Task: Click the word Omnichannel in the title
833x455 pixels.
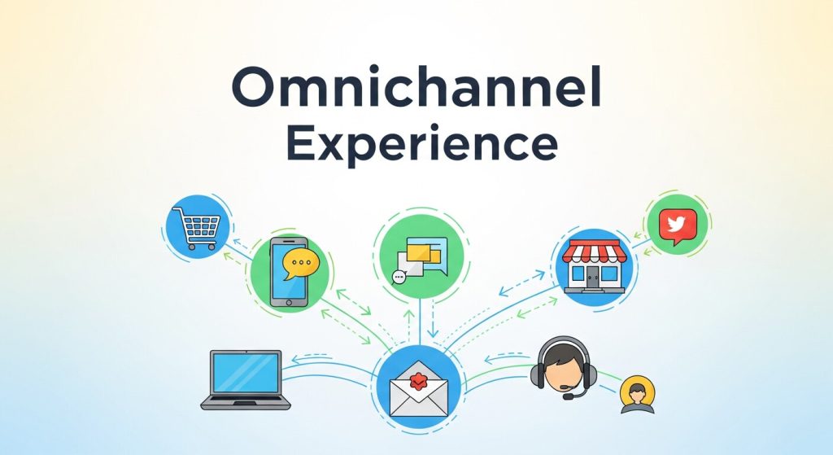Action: pos(416,90)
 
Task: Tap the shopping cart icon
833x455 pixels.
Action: pos(195,225)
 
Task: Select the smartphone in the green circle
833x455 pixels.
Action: pos(289,272)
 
